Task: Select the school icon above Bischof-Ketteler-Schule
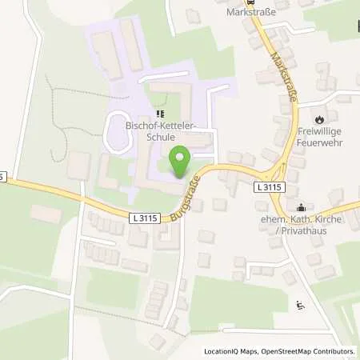[159, 114]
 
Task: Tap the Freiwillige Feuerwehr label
[327, 138]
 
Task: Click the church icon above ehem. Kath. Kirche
[311, 191]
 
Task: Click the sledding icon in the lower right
[300, 304]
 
